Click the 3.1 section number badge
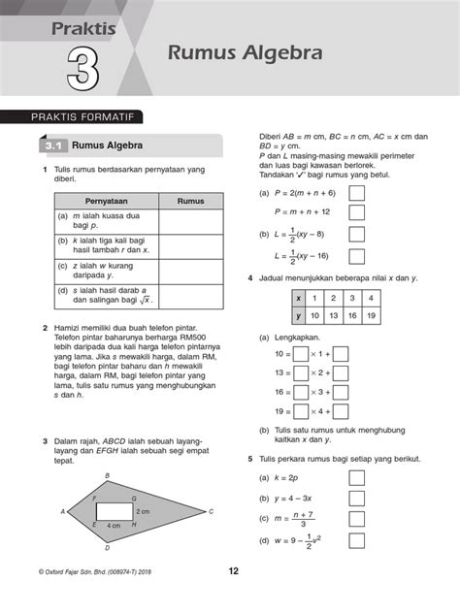pos(50,146)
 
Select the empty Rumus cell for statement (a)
pos(190,222)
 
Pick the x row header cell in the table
pos(300,298)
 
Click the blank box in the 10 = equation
pos(300,355)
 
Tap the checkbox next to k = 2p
pos(356,477)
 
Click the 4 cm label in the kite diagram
pos(114,525)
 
